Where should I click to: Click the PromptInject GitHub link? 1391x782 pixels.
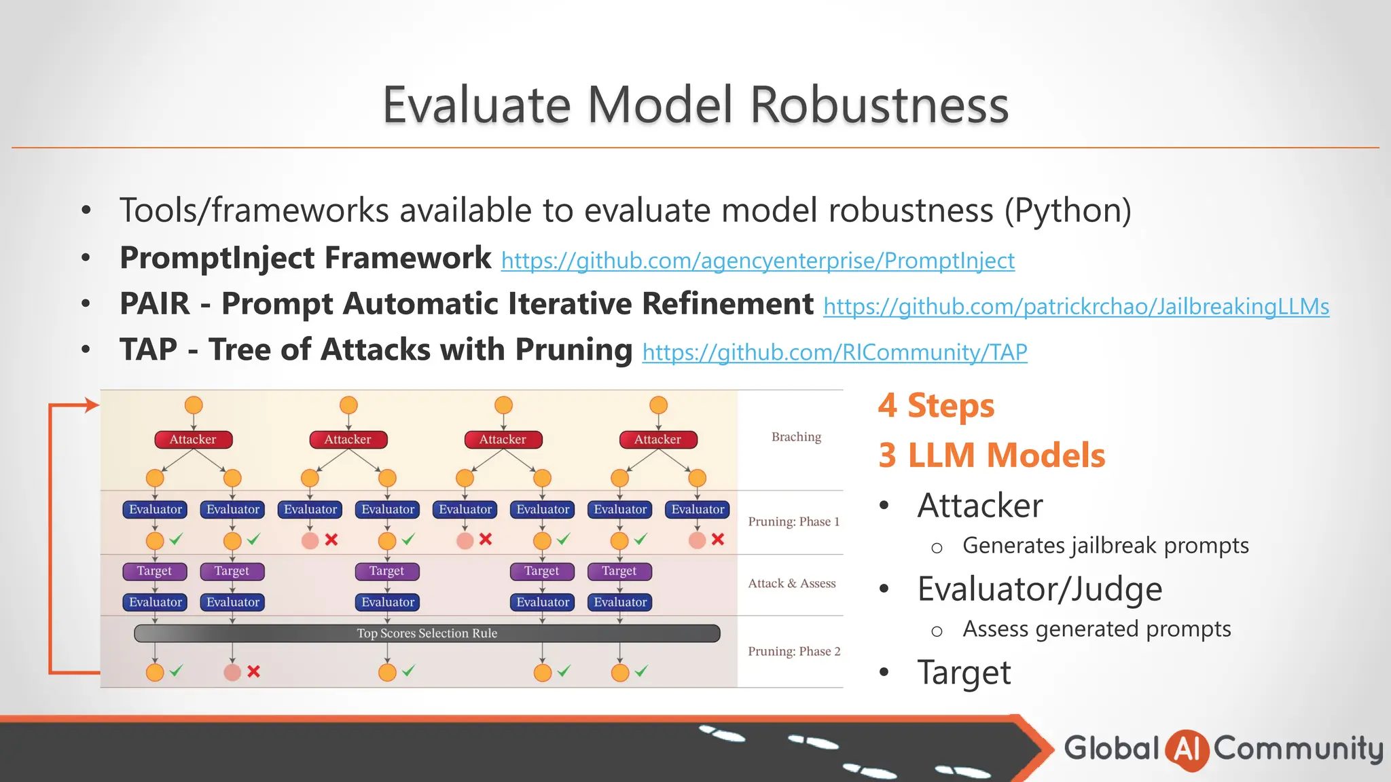757,261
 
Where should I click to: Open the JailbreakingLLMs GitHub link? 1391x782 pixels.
1076,307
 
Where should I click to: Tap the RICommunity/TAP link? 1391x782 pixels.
834,352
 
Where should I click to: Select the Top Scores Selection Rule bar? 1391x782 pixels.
427,633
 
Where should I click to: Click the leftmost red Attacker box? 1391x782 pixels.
193,440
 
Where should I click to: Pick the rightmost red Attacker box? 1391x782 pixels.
657,440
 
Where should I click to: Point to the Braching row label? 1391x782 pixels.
796,437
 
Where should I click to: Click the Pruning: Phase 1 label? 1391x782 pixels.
793,522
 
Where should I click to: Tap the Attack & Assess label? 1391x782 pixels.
791,584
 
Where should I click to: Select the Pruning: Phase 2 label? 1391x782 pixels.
793,652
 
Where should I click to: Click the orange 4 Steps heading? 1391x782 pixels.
935,406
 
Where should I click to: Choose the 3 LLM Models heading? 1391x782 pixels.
991,455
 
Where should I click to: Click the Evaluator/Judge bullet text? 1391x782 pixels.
1039,589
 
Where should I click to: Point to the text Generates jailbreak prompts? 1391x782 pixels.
1105,546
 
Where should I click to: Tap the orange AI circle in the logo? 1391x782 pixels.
1186,749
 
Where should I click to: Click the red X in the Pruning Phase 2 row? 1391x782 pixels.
253,671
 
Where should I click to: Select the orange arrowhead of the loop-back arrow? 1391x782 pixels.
92,405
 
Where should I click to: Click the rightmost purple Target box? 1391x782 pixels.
619,572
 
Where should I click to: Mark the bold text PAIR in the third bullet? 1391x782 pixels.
155,304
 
